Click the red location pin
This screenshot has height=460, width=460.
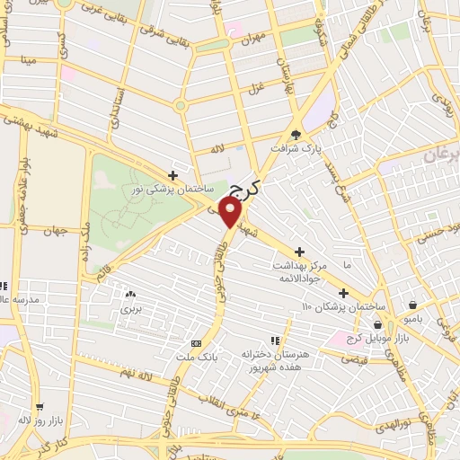tap(232, 212)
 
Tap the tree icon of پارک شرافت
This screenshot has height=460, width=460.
tap(296, 133)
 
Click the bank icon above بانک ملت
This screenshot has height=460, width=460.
tap(196, 344)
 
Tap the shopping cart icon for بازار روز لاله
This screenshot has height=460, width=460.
tap(40, 406)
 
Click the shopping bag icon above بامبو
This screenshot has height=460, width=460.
tap(412, 305)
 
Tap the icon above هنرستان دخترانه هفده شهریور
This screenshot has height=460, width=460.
tap(275, 341)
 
